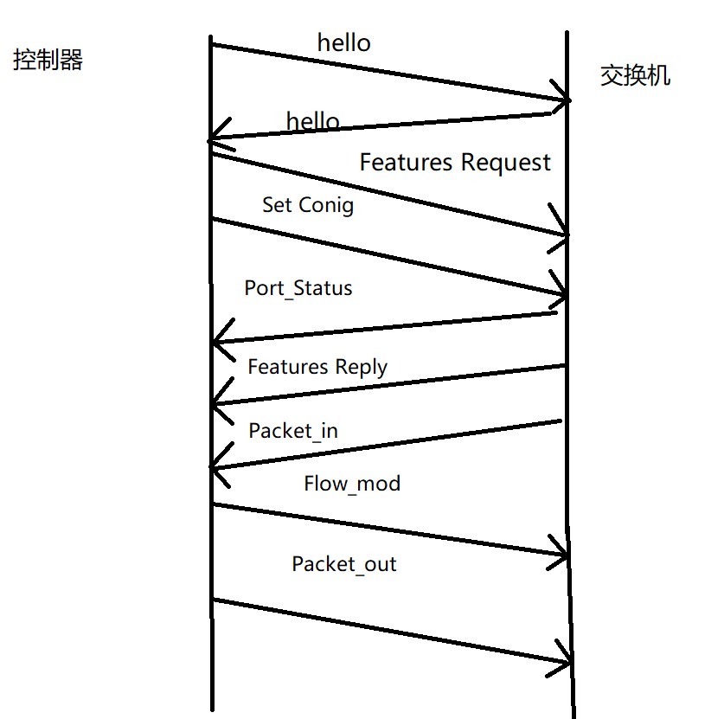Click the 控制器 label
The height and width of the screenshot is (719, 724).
click(x=48, y=60)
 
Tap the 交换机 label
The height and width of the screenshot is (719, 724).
click(x=635, y=75)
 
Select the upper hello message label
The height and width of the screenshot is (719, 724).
click(x=344, y=42)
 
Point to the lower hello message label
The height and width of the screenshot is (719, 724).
click(x=312, y=121)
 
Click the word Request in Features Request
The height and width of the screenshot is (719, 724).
click(x=505, y=163)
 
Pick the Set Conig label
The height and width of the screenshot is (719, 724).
click(x=308, y=205)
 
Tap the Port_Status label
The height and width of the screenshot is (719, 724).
click(x=298, y=288)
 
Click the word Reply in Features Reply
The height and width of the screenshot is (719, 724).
click(x=362, y=367)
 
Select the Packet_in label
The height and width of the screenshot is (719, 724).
click(x=293, y=430)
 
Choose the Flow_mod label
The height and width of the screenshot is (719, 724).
click(x=352, y=483)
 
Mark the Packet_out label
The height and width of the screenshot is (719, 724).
click(x=343, y=564)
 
